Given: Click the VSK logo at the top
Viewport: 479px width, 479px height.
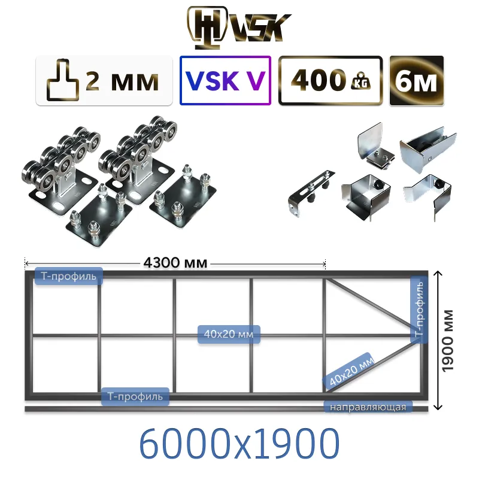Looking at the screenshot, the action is (239, 28).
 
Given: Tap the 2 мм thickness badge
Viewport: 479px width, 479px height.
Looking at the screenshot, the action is (104, 81).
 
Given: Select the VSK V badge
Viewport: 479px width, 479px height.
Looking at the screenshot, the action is (226, 81).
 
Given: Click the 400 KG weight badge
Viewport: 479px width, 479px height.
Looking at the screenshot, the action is (331, 81).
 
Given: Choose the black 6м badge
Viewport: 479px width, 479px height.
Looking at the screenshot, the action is (417, 81).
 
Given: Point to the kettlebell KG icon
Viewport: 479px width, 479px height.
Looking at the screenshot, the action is (362, 81).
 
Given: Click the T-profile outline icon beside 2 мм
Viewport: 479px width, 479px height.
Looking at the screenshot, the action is (63, 80).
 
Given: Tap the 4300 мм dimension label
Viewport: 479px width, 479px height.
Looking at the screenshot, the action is (175, 262).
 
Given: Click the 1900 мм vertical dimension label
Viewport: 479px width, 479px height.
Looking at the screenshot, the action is (447, 341).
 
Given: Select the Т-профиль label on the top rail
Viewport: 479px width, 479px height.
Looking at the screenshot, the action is (69, 276).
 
